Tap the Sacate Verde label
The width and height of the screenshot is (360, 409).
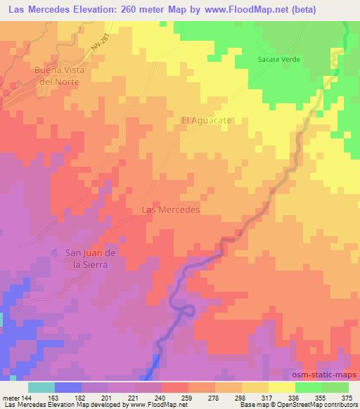coord(279,60)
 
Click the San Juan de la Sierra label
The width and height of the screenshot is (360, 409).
coord(84,259)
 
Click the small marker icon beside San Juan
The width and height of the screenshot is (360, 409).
coord(56,252)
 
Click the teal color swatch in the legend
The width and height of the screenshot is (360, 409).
coord(41,387)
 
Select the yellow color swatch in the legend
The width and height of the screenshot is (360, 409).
coord(282,387)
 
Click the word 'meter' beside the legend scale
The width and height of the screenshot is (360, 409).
coord(9,398)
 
